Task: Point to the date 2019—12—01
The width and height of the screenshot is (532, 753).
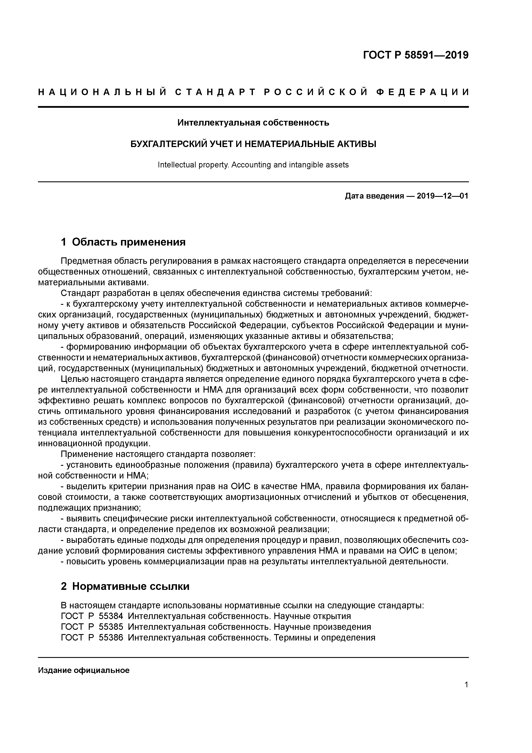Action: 443,196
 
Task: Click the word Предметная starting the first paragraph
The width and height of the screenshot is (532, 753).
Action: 86,261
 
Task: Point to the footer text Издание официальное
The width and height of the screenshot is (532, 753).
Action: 84,670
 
